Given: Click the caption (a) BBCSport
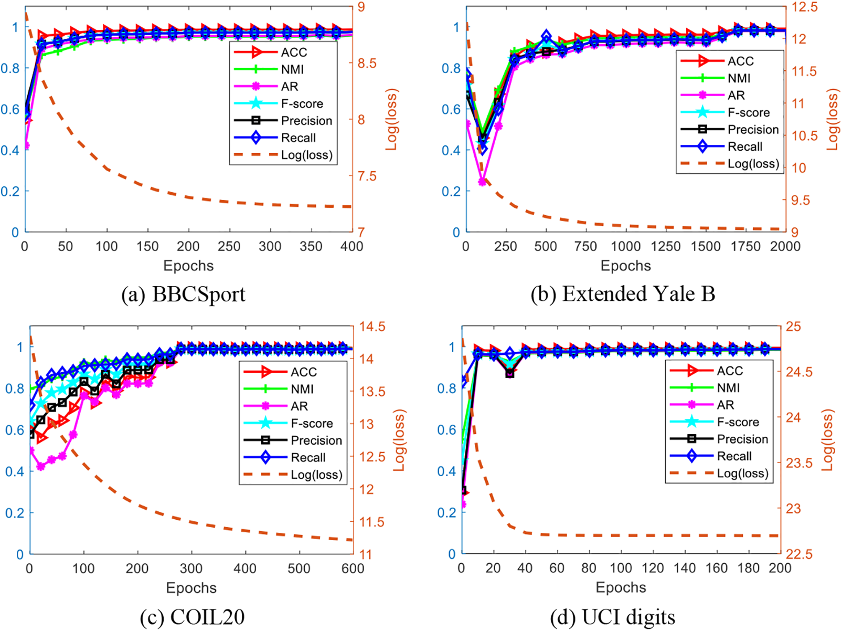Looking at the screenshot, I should click(x=183, y=295).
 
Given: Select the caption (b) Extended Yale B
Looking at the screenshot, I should click(x=623, y=295).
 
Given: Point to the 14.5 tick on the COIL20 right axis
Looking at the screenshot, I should click(x=372, y=327).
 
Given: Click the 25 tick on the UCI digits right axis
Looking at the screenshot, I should click(x=793, y=327).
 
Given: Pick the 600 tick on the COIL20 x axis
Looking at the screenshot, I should click(x=353, y=569).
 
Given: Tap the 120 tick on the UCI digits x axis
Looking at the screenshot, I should click(x=653, y=569).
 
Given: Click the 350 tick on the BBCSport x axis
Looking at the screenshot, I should click(x=311, y=247).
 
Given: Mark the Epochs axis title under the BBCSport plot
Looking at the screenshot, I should click(x=188, y=266).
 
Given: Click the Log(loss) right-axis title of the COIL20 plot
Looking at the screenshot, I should click(x=400, y=440).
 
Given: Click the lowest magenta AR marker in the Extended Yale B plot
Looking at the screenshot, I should click(x=483, y=182).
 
